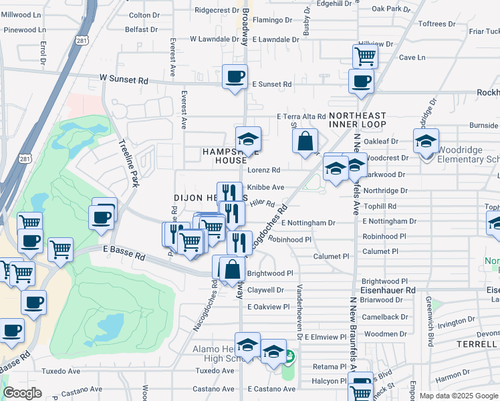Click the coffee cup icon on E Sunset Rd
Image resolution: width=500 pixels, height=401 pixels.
click(235, 77)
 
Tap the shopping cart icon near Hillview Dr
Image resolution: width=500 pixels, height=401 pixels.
click(365, 56)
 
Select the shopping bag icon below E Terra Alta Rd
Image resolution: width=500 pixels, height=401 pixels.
click(305, 141)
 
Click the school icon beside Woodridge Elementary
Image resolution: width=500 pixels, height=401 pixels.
click(426, 141)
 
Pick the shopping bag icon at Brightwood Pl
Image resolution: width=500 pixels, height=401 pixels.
click(232, 269)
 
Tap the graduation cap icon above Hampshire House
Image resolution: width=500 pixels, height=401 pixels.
click(248, 139)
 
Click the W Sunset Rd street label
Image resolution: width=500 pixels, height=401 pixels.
click(124, 80)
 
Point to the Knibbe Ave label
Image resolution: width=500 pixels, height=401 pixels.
click(266, 188)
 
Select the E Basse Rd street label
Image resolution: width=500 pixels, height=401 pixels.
click(124, 255)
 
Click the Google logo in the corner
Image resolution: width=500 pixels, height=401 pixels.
click(22, 393)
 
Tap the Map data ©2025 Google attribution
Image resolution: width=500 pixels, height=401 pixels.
click(459, 396)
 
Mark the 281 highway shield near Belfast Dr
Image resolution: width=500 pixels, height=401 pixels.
click(82, 41)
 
